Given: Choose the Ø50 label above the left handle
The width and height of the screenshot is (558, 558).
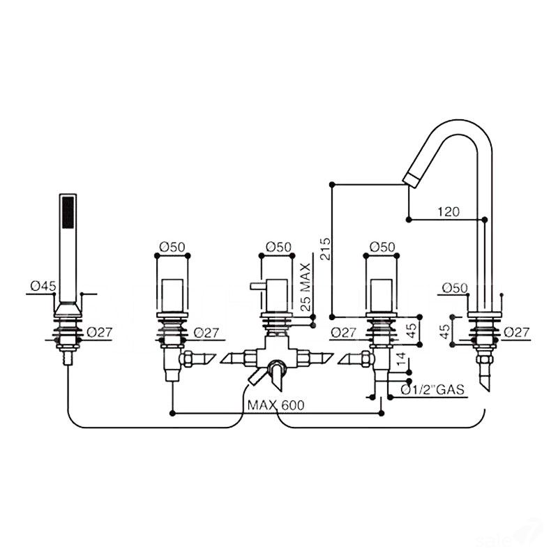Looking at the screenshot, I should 172,246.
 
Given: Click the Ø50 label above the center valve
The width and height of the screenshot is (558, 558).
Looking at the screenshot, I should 279,246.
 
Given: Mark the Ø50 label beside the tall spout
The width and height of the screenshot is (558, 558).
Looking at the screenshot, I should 455,287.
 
